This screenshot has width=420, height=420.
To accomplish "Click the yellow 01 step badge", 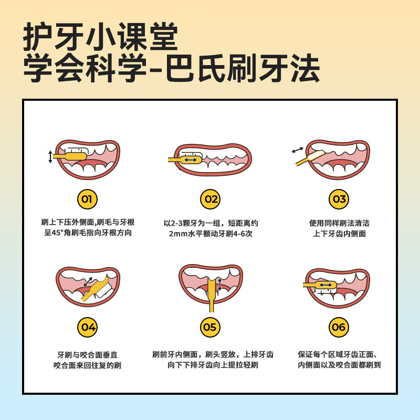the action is coord(87,199).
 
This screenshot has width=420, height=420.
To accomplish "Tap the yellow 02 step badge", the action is coord(211,199).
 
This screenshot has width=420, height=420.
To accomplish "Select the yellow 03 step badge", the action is coord(339,199).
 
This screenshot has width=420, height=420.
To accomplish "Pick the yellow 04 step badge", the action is coord(87,327).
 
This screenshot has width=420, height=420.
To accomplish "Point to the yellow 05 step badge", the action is coord(211,327).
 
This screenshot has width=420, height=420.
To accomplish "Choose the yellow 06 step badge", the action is coord(339,327).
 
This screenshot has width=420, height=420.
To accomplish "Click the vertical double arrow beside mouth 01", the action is coord(50,156).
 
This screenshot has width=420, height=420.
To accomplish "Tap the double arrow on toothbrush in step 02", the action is coord(191,160).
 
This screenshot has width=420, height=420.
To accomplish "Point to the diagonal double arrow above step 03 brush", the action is coord(297,150).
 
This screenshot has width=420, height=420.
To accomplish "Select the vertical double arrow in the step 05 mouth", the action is coord(220,284).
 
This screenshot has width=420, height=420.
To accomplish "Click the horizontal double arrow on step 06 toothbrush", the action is coord(325,285).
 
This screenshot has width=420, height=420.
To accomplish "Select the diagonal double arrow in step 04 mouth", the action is coord(88,282).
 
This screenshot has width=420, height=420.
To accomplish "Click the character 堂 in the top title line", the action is coord(164,36).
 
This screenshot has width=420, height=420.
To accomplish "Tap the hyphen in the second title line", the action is coord(155,70).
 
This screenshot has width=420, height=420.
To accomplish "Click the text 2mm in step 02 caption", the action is coord(178,234).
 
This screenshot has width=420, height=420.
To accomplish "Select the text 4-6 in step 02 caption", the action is coord(239,234).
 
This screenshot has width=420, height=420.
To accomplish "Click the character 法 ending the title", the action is coord(306,68).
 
